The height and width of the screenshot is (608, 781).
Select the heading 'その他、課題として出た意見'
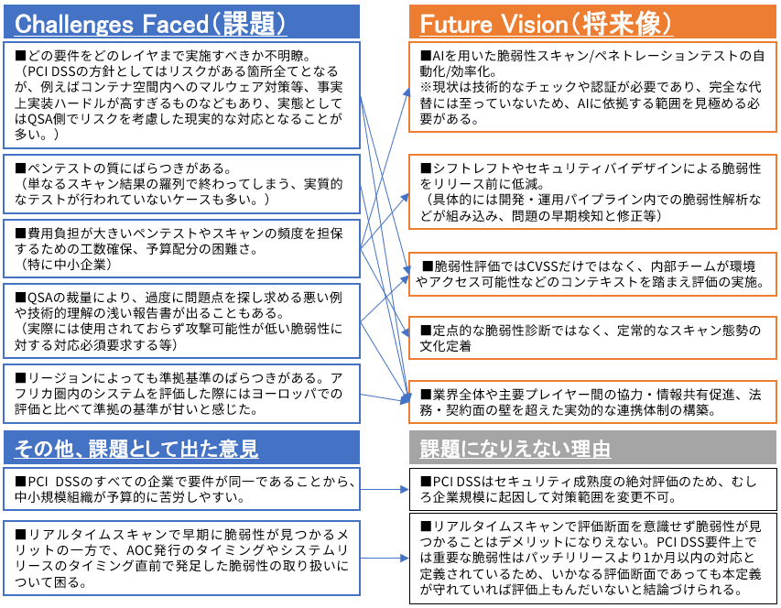(136, 448)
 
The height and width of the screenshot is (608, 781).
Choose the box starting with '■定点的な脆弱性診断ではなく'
(592, 338)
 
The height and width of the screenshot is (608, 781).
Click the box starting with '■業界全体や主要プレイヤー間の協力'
(592, 403)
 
